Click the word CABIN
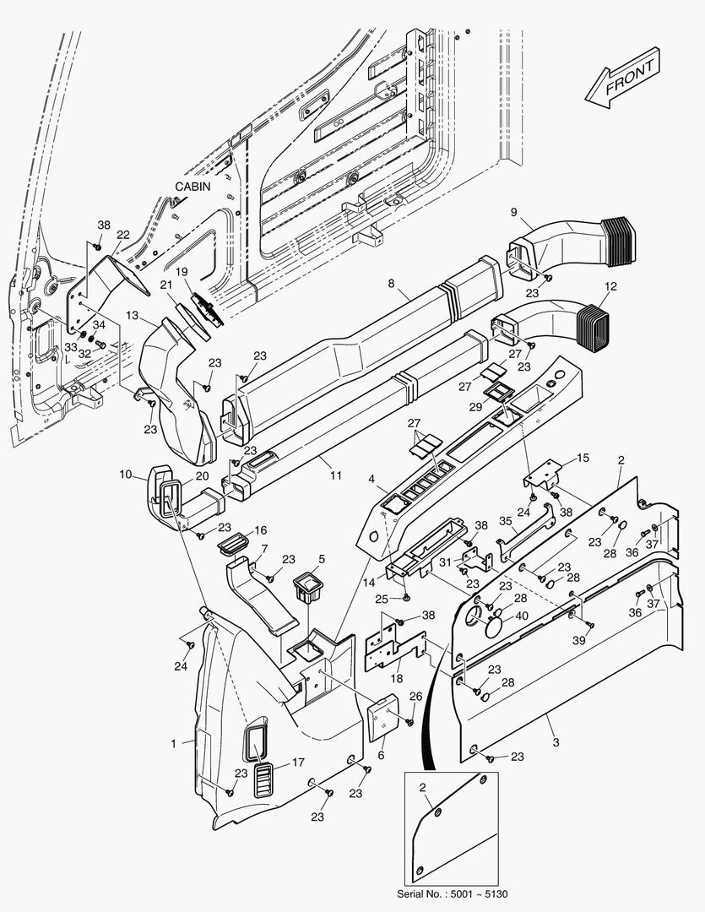click(x=193, y=186)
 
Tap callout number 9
click(x=512, y=210)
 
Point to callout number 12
click(x=611, y=286)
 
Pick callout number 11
click(x=336, y=475)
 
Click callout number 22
click(x=122, y=235)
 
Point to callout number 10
click(x=126, y=475)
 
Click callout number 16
click(x=260, y=529)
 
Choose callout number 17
click(x=298, y=762)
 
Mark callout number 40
click(x=522, y=616)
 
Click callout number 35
click(x=505, y=522)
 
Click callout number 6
click(x=381, y=756)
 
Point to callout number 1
click(x=173, y=743)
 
